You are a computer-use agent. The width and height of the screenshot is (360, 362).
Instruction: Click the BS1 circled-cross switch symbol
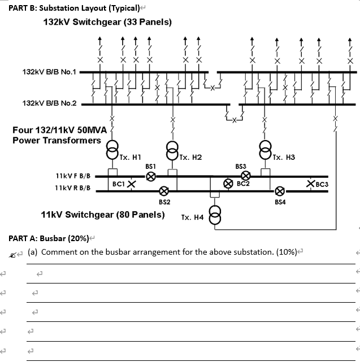pyautogui.click(x=151, y=176)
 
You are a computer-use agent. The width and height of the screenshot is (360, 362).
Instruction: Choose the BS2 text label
pyautogui.click(x=164, y=202)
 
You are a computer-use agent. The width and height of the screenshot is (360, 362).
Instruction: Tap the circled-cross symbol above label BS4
pyautogui.click(x=279, y=191)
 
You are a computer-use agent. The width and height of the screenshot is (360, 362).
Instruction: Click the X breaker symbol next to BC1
pyautogui.click(x=131, y=184)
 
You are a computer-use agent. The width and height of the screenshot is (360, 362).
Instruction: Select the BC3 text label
pyautogui.click(x=322, y=184)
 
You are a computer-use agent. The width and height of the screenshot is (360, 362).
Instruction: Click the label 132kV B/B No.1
pyautogui.click(x=49, y=72)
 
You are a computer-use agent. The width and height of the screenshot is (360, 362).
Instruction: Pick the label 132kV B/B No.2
pyautogui.click(x=49, y=103)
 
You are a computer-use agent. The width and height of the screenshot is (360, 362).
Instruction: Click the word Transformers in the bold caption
pyautogui.click(x=73, y=140)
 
